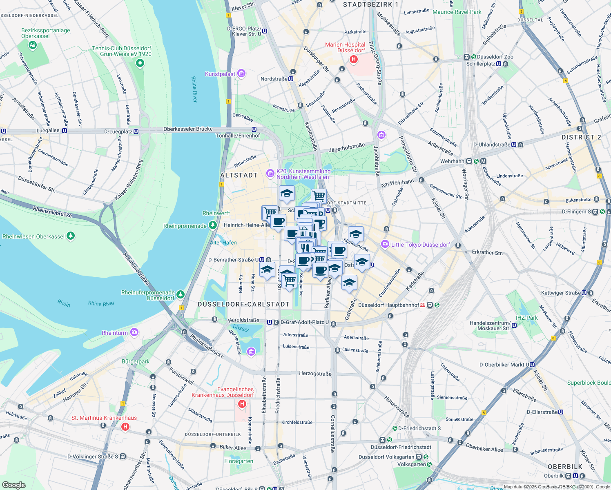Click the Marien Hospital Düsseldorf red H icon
coord(354,59)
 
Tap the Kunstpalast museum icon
coord(241,73)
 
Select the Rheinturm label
coord(114,333)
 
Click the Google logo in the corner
coord(13,485)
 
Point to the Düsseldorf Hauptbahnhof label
coord(388,305)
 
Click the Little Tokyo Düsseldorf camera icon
coord(385,244)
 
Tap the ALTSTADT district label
coord(239,175)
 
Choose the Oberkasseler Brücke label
coord(188,129)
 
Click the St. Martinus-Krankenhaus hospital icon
coord(125,427)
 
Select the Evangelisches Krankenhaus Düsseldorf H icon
coord(242,404)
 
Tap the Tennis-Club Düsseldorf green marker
coord(140,63)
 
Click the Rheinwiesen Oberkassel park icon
coord(71,236)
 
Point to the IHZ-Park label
coord(526,318)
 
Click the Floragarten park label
coord(239,461)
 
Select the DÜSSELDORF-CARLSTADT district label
coord(243,304)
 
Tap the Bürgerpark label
coord(136,361)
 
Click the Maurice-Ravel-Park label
coord(457,12)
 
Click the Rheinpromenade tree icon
coord(212,225)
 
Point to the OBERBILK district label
coord(565,467)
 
